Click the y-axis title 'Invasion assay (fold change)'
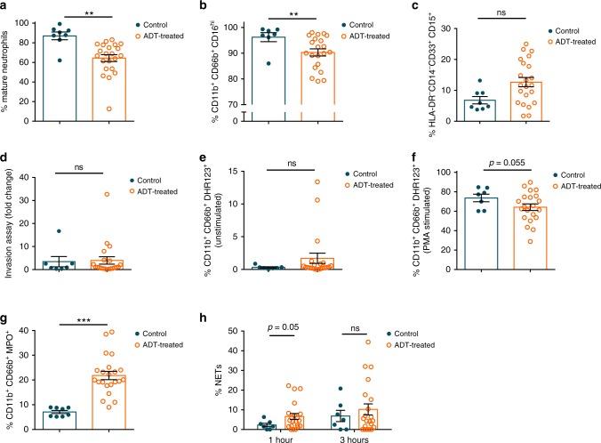coord(10,228)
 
